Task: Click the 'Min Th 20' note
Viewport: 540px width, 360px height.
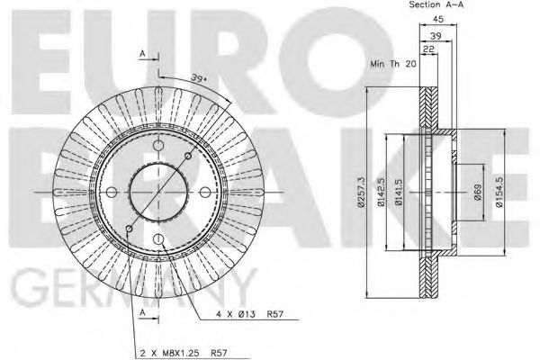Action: point(391,66)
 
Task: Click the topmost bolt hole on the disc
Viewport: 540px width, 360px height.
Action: point(157,144)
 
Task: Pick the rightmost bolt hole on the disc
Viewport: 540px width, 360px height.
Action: point(206,192)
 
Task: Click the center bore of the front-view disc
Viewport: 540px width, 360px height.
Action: point(157,192)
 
